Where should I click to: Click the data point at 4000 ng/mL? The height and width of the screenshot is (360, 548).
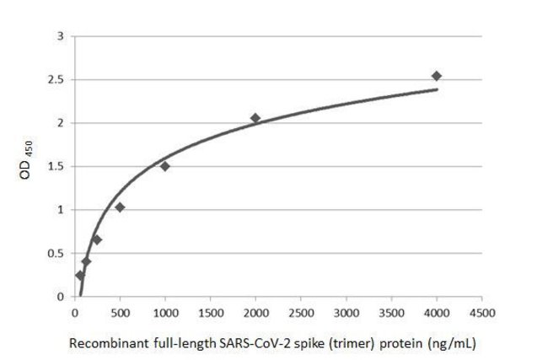tap(436, 76)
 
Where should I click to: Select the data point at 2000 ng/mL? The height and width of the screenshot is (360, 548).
tap(255, 118)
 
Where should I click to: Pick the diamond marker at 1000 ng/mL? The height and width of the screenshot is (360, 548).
tap(164, 165)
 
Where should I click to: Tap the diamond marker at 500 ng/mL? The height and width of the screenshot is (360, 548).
tap(120, 207)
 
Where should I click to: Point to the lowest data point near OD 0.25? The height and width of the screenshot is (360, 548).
tap(80, 275)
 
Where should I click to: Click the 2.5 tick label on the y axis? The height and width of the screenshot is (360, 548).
tap(57, 80)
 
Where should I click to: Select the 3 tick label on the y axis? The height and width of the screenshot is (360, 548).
tap(61, 36)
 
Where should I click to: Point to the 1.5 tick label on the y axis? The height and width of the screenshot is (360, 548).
tap(57, 167)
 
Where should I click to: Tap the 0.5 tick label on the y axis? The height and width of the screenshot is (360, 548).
tap(57, 254)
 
